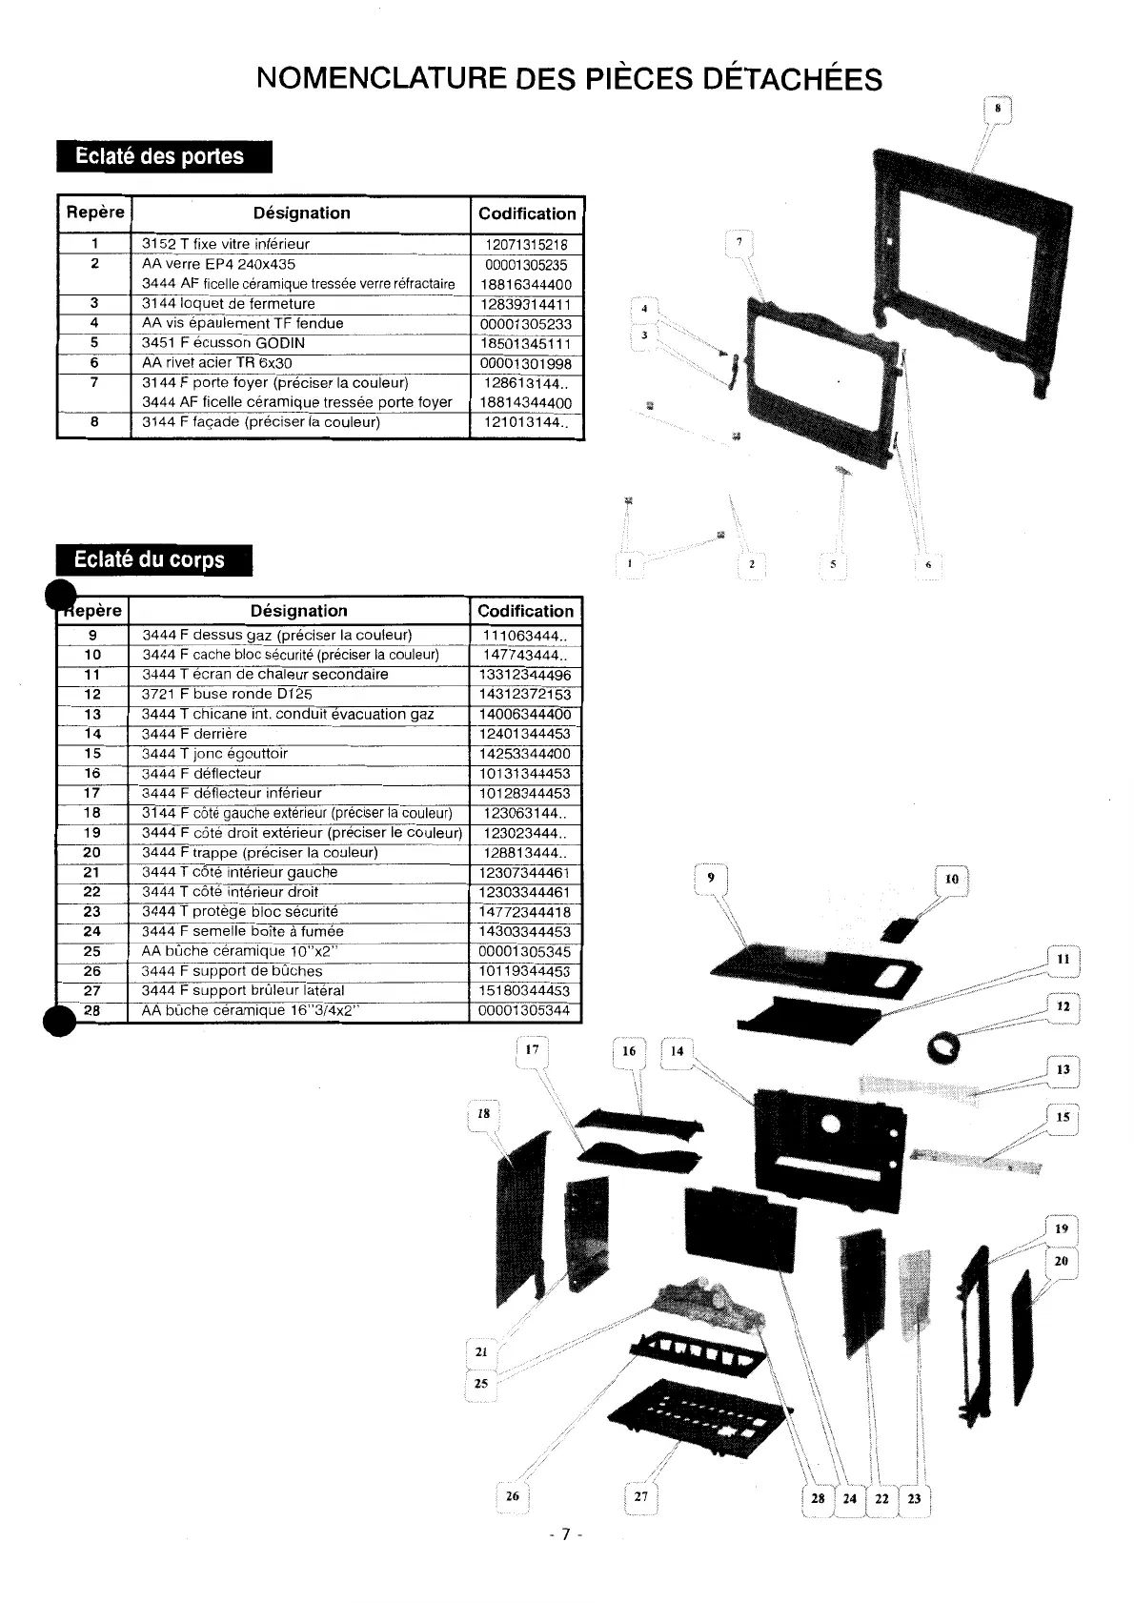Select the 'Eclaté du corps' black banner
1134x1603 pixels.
click(153, 560)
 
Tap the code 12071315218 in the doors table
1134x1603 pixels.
click(526, 244)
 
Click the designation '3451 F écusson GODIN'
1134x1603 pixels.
click(210, 343)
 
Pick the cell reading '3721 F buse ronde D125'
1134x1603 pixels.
click(227, 695)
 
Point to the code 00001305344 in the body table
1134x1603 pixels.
click(525, 1011)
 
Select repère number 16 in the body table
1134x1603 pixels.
click(91, 774)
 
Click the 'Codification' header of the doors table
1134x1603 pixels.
click(527, 214)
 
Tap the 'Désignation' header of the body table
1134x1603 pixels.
click(298, 611)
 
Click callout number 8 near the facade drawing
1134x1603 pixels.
click(997, 110)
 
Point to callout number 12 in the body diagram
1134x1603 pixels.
click(1063, 1006)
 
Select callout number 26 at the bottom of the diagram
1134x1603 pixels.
click(512, 1496)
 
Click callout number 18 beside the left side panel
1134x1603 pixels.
click(484, 1114)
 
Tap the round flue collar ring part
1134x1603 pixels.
click(943, 1048)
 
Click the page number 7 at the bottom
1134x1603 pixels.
click(565, 1534)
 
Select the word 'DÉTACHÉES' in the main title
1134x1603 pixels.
click(792, 78)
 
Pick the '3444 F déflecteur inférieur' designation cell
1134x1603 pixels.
click(232, 794)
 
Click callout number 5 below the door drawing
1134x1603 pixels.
click(833, 564)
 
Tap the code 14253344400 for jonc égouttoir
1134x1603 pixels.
click(525, 754)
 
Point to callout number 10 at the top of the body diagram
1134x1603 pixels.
click(951, 880)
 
